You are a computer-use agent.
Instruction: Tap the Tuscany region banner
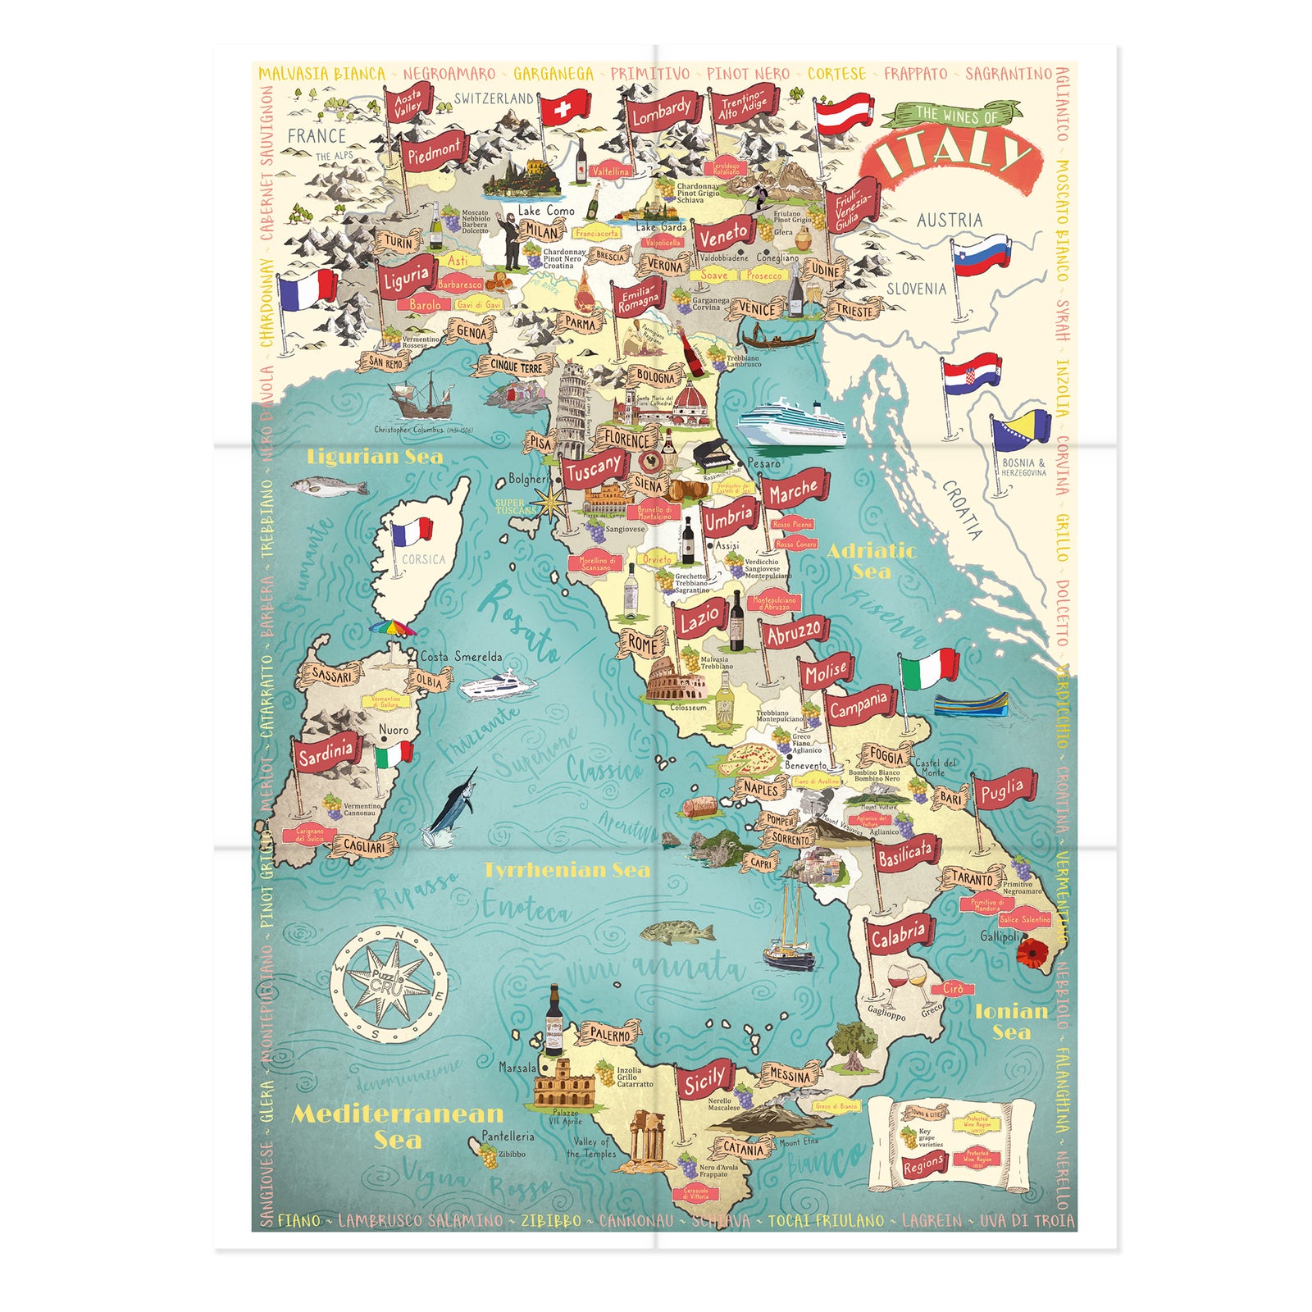coord(592,469)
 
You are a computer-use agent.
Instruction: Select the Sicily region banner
coord(704,1082)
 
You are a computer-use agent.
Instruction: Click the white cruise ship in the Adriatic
coord(790,421)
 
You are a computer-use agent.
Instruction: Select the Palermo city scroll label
coord(610,1035)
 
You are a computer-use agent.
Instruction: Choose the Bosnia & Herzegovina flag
coord(1022,430)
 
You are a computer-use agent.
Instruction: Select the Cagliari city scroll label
coord(364,846)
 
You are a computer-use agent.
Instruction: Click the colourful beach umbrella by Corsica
coord(392,629)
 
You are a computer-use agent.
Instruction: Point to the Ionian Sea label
coord(1011,1022)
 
